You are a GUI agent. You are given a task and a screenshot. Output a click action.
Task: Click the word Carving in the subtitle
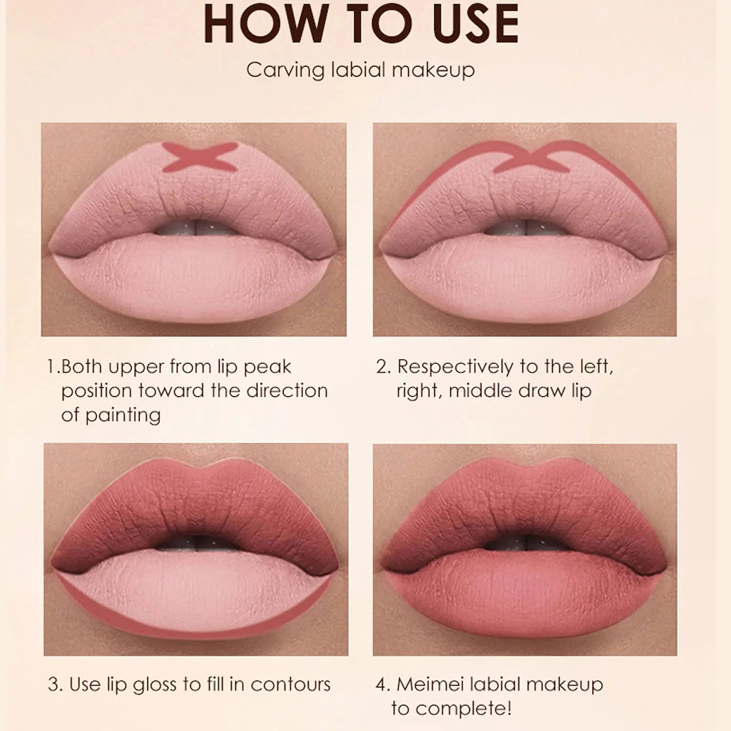[x=285, y=70]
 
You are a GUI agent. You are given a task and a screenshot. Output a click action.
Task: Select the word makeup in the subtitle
[x=433, y=71]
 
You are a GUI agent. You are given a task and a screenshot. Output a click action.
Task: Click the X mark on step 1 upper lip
[x=200, y=157]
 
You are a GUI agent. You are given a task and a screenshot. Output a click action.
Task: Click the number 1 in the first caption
[x=52, y=367]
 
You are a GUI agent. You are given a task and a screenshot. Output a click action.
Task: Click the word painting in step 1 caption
[x=122, y=415]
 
